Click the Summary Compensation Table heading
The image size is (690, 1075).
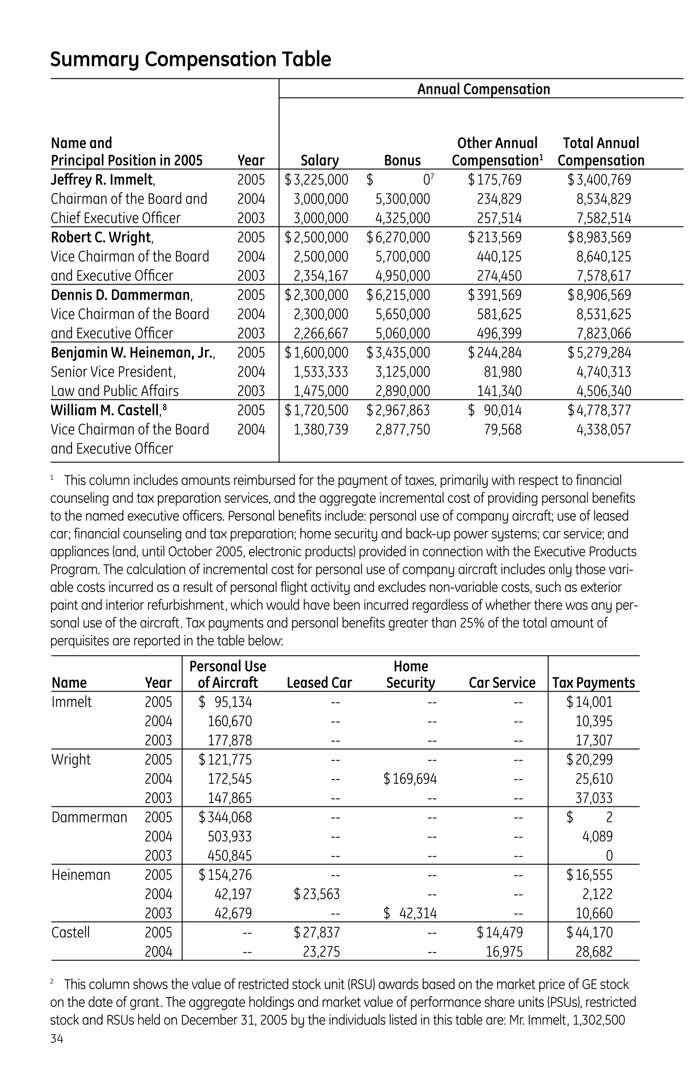click(190, 60)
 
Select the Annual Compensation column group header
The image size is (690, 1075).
click(483, 89)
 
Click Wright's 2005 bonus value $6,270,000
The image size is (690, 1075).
click(398, 238)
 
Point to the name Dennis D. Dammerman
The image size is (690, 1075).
click(121, 295)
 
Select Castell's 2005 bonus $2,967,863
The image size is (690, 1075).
click(398, 410)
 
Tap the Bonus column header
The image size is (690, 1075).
click(402, 160)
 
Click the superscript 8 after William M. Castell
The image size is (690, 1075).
click(165, 407)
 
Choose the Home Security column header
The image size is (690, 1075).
click(410, 674)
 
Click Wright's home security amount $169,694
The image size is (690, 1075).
click(410, 779)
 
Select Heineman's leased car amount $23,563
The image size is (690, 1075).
click(317, 894)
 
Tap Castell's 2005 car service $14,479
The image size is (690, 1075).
click(500, 932)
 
